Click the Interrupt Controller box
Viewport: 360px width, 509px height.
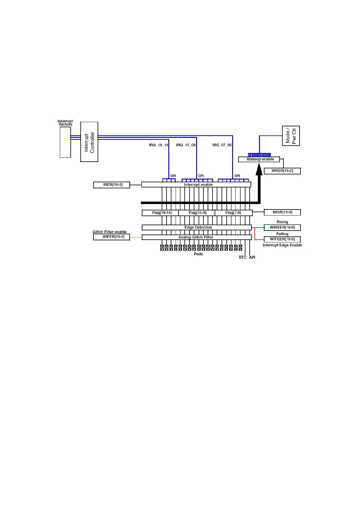89,142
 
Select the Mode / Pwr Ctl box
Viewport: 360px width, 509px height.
291,136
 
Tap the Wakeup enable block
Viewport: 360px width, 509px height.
259,159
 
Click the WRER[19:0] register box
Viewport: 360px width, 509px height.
282,171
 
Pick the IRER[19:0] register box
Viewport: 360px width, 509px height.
112,185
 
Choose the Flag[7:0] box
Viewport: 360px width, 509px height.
233,213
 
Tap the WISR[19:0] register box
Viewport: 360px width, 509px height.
282,212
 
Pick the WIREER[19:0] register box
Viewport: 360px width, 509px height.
282,227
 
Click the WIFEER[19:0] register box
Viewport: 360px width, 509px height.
282,239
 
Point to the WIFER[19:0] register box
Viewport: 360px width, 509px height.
112,237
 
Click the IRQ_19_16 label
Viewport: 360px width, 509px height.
158,145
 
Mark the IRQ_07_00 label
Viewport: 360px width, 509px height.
222,145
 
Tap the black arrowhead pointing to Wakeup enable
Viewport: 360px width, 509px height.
259,170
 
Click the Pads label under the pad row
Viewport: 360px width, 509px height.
198,254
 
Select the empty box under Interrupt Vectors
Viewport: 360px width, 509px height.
65,142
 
